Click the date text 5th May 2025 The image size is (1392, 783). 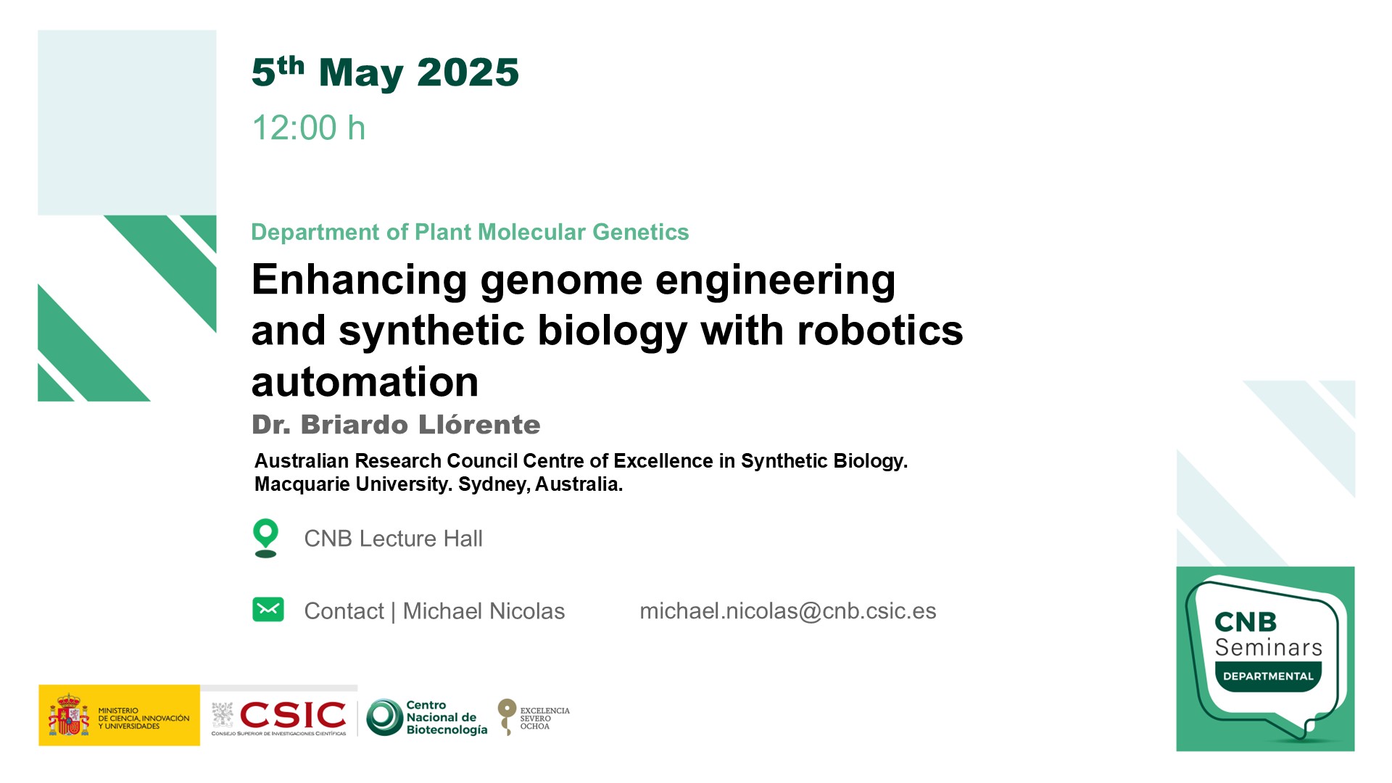point(385,72)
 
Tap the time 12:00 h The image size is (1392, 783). point(309,128)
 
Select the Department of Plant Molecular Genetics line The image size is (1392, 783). point(470,232)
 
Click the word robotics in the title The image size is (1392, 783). point(880,331)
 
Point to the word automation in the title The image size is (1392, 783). point(365,382)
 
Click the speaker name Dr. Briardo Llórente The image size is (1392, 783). point(396,425)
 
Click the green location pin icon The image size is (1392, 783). point(266,538)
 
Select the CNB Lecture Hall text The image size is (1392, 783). point(393,539)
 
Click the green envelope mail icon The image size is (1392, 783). point(268,610)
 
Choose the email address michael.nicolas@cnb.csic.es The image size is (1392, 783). point(788,611)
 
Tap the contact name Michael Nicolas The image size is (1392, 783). point(484,611)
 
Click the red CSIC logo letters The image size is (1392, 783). point(293,715)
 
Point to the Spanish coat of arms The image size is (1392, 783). point(69,716)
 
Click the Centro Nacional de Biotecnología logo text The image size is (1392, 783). point(447,718)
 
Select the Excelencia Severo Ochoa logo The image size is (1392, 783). point(534,717)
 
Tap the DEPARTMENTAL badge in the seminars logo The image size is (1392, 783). point(1268,676)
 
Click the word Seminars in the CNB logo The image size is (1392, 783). point(1269,647)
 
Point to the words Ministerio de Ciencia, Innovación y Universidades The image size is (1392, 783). point(144,718)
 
